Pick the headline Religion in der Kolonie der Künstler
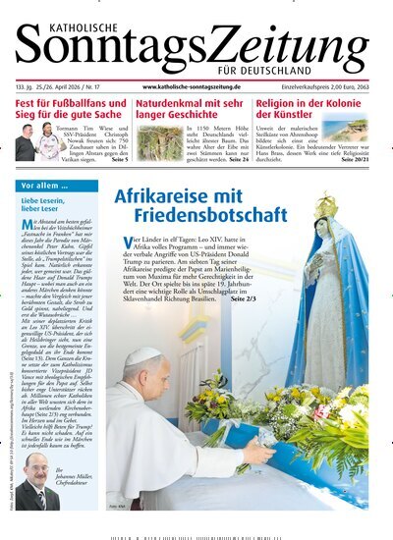pos(314,108)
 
